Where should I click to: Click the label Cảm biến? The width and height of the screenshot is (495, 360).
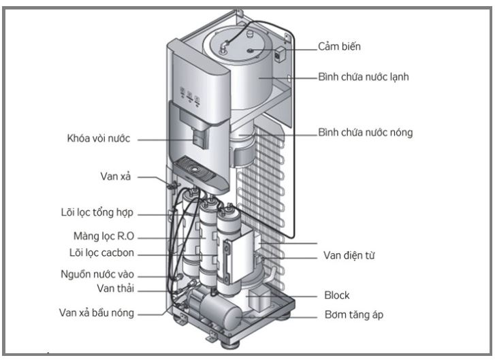(340, 47)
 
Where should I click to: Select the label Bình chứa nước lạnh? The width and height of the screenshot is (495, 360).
(364, 78)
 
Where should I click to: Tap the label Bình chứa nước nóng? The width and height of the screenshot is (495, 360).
(365, 132)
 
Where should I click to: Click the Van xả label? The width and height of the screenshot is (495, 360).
(114, 176)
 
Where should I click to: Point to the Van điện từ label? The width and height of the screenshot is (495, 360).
(349, 256)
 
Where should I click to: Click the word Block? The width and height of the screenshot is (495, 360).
(336, 295)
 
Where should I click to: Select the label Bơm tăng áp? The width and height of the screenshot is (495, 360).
(351, 316)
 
